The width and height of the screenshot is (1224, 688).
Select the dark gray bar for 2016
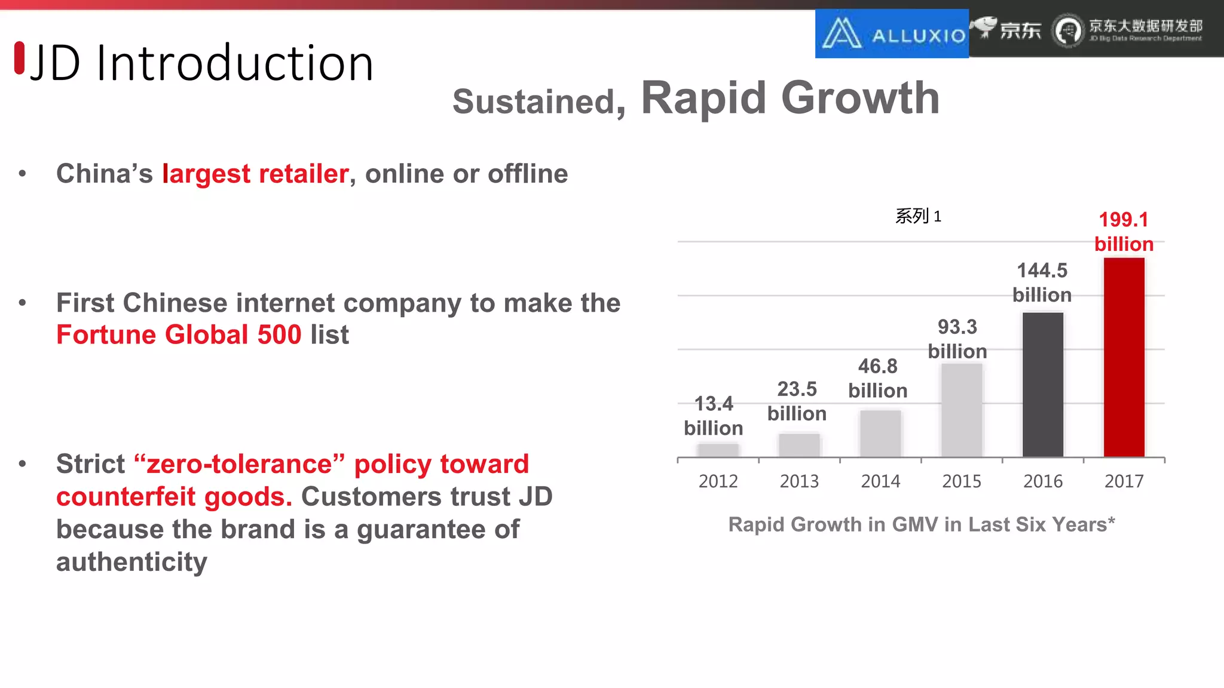1042,385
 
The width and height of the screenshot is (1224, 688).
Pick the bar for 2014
880,434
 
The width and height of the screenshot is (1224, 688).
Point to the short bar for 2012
718,450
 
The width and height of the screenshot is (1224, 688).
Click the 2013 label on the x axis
799,481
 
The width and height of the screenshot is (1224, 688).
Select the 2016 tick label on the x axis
1042,481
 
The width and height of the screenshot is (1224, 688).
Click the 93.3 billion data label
957,339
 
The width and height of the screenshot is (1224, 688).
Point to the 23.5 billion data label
797,401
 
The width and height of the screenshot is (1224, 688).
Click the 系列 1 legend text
917,216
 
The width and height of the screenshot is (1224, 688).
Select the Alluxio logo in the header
892,33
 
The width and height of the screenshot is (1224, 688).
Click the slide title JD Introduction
201,63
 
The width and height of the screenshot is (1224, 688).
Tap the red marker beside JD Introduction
20,58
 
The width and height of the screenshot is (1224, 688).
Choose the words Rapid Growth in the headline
790,98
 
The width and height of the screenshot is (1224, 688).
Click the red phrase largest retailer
255,174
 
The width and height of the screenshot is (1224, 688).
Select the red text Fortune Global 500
179,334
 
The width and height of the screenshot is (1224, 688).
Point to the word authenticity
131,562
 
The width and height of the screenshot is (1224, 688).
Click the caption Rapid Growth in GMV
921,524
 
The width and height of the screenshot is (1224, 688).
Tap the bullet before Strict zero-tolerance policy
23,464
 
